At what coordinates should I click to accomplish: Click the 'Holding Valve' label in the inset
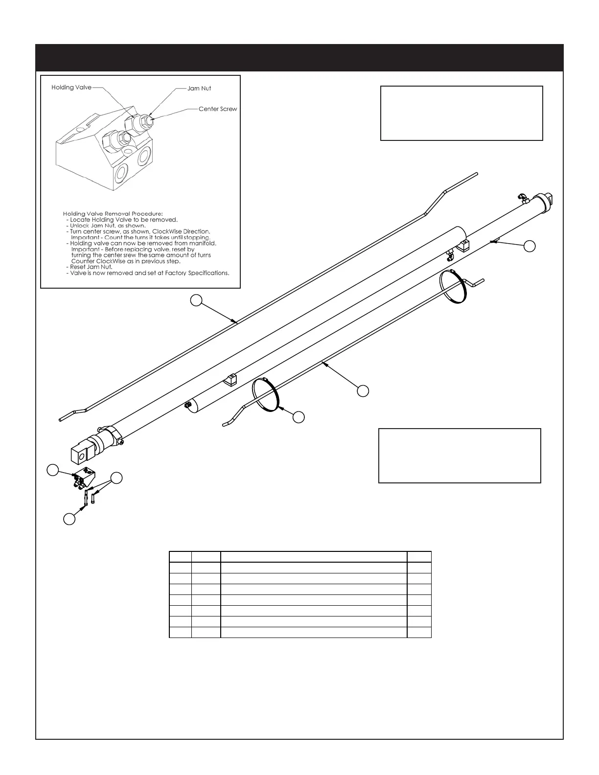[71, 88]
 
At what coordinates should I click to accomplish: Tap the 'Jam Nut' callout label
[199, 89]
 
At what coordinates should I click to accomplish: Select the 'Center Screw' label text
[218, 109]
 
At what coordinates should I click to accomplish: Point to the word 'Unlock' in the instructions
[80, 226]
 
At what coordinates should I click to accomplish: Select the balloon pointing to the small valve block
[52, 470]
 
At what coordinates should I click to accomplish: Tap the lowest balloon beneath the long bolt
[69, 519]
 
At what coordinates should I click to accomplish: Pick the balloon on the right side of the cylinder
[529, 247]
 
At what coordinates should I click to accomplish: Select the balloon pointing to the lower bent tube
[363, 390]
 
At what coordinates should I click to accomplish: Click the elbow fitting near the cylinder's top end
[523, 198]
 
